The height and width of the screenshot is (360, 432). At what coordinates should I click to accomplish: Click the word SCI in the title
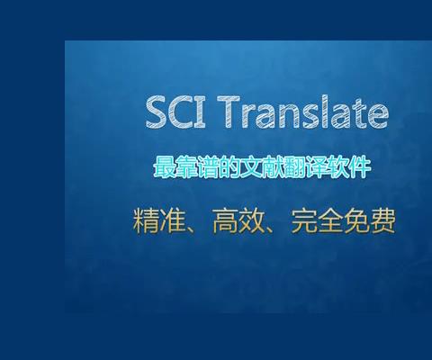coord(175,112)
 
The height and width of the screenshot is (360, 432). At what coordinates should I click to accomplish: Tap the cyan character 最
coord(164,167)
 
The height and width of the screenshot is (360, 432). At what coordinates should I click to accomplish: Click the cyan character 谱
coord(207,167)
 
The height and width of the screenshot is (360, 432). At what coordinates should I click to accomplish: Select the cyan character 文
coord(250,167)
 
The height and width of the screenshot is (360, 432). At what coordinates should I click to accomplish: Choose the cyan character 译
coord(316,167)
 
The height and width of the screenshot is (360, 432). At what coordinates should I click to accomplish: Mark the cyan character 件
coord(360,167)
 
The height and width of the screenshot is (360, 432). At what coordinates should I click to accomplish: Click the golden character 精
coord(146,220)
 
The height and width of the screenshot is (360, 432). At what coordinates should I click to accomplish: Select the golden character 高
coord(225,220)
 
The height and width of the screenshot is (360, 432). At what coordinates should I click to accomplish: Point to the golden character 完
coord(304,220)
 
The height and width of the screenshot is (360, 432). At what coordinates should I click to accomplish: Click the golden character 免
coord(356,220)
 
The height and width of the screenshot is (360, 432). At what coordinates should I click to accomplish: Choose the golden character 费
coord(383,220)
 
